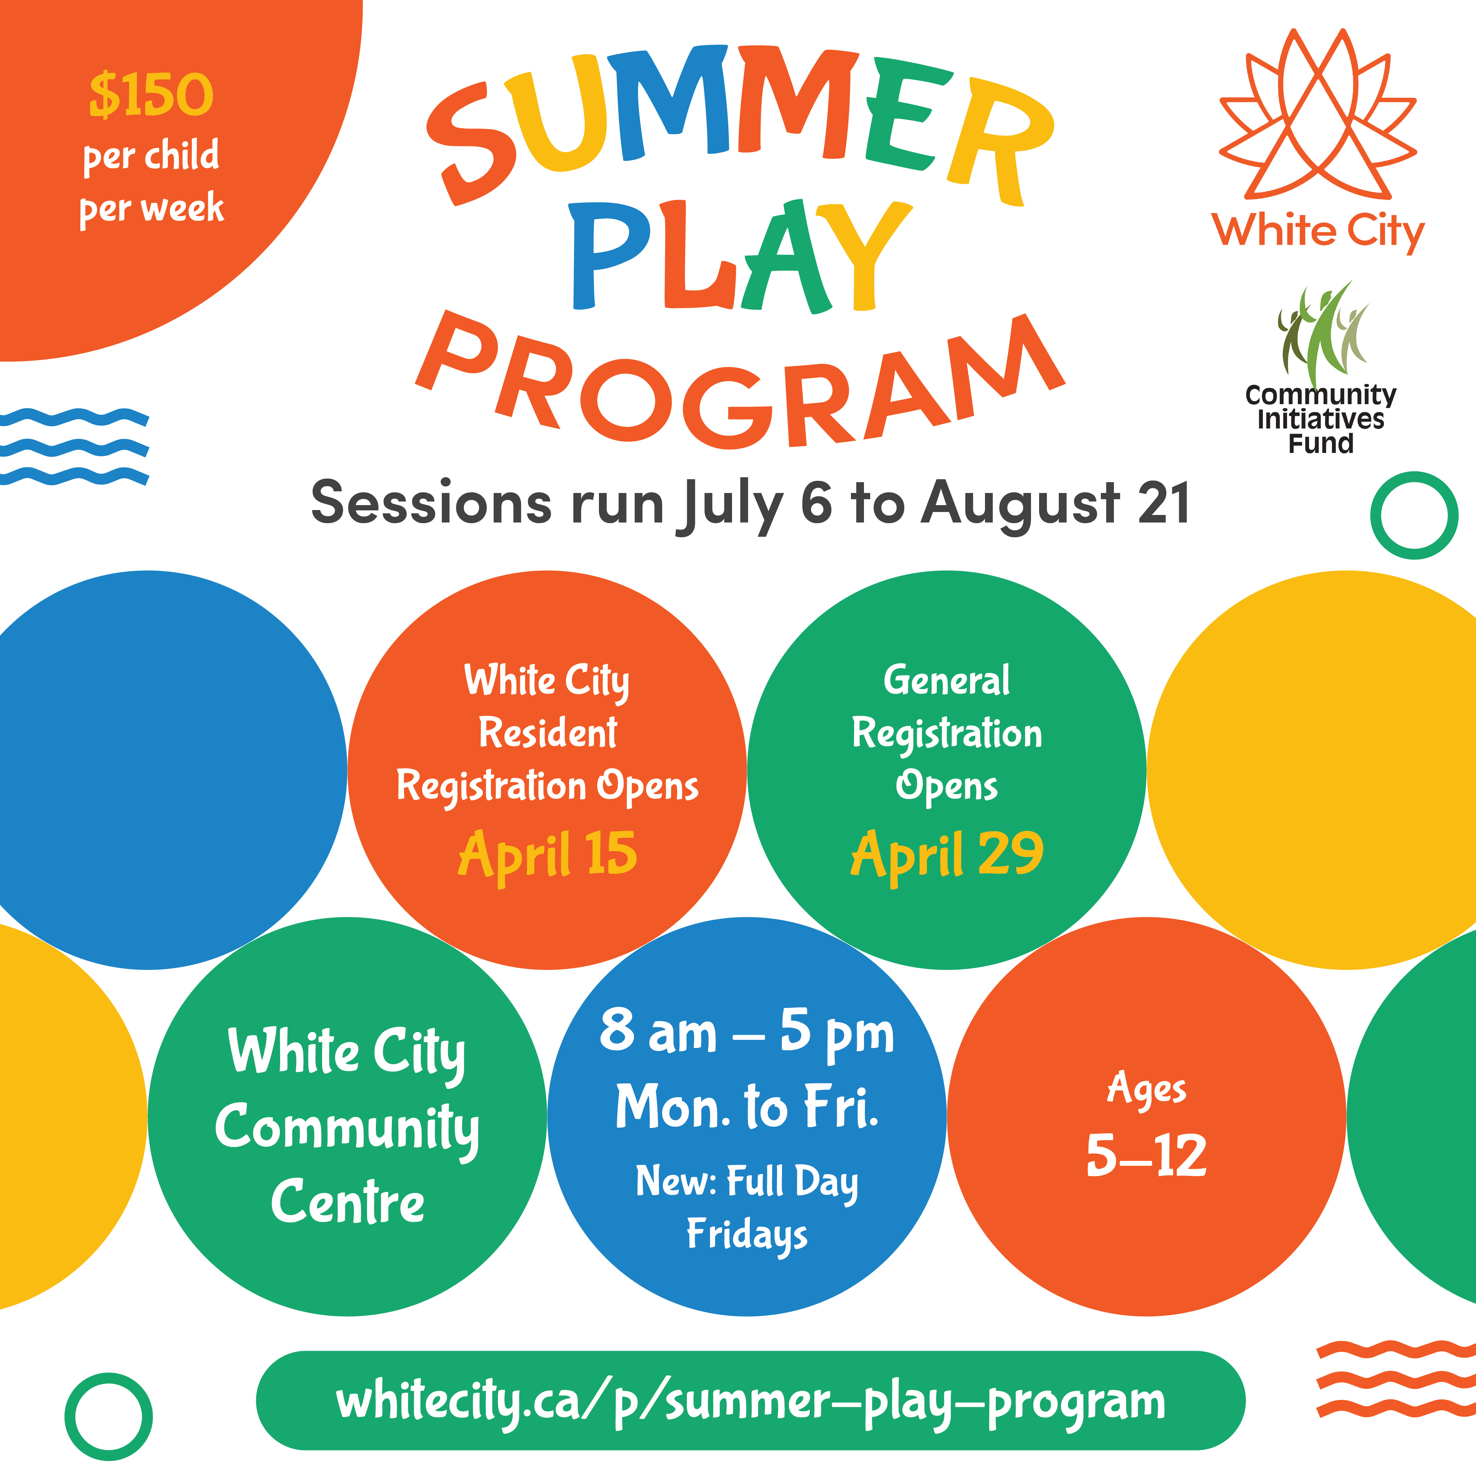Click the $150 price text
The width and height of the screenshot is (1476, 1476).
pos(151,95)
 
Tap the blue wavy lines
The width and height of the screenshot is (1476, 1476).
pos(74,447)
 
